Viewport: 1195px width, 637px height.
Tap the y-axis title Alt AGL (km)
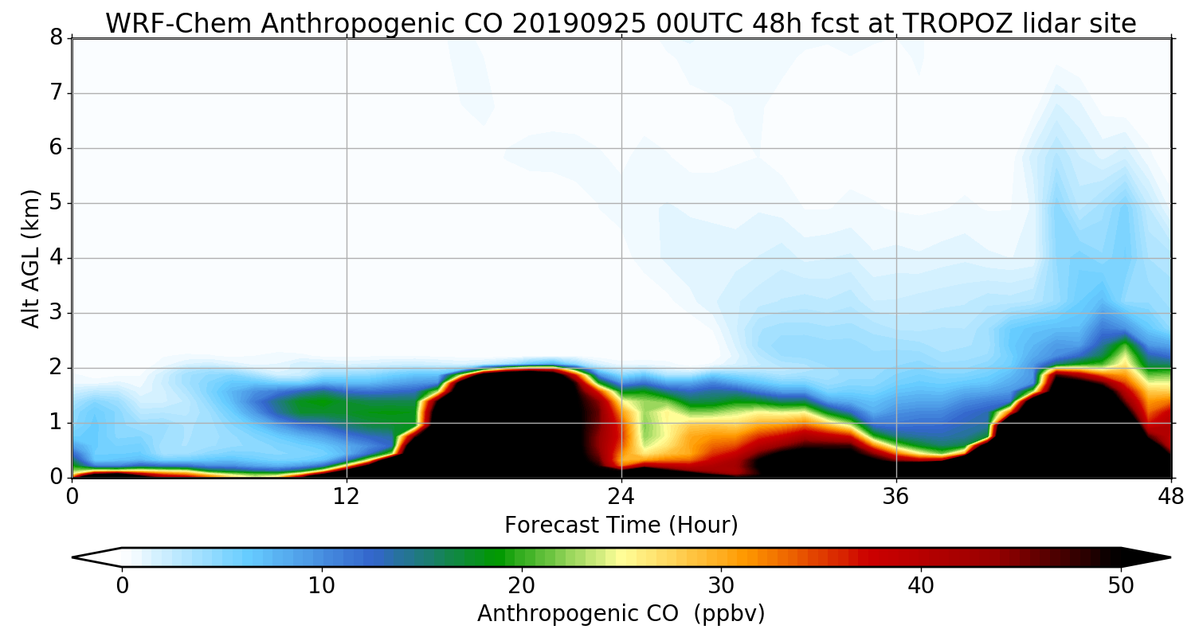pyautogui.click(x=31, y=258)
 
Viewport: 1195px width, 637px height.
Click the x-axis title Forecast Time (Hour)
pyautogui.click(x=621, y=526)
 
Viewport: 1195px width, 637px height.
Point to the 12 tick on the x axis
pyautogui.click(x=347, y=496)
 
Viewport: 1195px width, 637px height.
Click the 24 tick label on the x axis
pyautogui.click(x=621, y=496)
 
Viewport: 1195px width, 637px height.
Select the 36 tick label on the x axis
pyautogui.click(x=896, y=496)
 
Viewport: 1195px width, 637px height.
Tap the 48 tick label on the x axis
pyautogui.click(x=1170, y=496)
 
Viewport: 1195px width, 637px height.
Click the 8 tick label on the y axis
pyautogui.click(x=57, y=38)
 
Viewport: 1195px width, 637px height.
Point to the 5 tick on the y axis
pyautogui.click(x=57, y=203)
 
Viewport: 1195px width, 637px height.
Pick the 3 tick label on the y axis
pyautogui.click(x=57, y=313)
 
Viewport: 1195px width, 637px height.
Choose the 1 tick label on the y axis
pyautogui.click(x=57, y=423)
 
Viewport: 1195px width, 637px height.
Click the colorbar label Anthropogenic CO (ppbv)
pyautogui.click(x=621, y=614)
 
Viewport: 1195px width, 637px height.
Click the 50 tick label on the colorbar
pyautogui.click(x=1121, y=584)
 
